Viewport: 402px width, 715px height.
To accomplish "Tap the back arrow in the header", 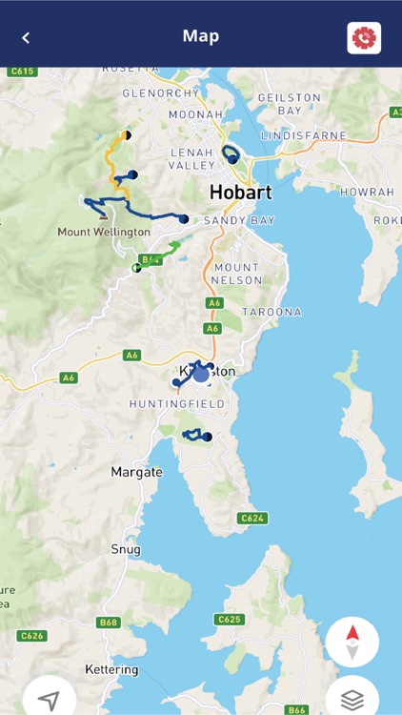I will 26,38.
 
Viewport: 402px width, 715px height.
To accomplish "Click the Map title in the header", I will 201,36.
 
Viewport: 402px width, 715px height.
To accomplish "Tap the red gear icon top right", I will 364,38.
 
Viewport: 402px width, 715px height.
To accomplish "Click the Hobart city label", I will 240,193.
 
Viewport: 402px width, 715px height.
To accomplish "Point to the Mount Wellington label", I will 103,232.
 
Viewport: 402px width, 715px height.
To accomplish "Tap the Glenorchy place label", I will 161,92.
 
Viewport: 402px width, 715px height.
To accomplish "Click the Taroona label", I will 271,312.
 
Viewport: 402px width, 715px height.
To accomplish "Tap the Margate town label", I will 137,472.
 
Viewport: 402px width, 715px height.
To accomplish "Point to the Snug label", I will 126,549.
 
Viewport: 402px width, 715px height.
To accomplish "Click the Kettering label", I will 111,669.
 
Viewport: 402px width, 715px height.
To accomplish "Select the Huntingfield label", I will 177,404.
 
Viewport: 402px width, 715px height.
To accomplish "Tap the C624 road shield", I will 251,518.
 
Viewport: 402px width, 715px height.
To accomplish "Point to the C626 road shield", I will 32,635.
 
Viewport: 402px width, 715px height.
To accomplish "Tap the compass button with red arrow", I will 352,643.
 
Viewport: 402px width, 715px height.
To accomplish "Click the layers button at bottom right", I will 352,699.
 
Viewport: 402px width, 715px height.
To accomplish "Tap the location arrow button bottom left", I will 50,699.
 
